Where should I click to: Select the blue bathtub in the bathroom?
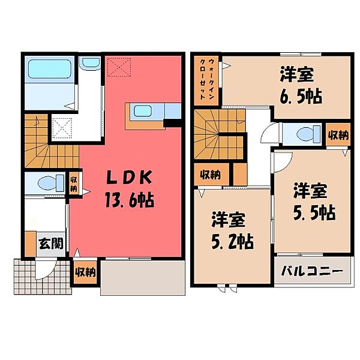[x=50, y=71]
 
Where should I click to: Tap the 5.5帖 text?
[x=310, y=212]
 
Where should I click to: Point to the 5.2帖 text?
[x=232, y=241]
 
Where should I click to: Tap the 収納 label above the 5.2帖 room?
[x=210, y=175]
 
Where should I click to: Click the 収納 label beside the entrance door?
[x=85, y=272]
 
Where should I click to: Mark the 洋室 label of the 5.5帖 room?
[x=310, y=192]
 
